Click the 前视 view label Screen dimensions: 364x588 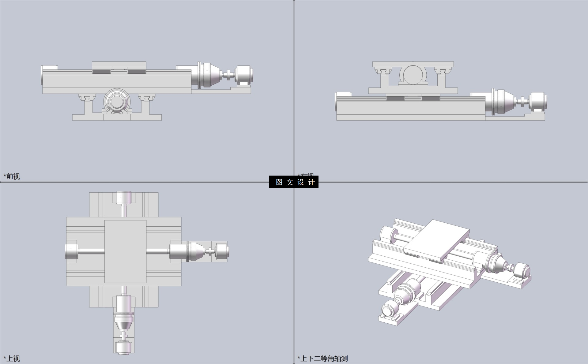(x=12, y=176)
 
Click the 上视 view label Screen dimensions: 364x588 (x=12, y=358)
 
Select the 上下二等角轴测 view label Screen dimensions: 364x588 (x=323, y=358)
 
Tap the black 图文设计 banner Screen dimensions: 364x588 (x=294, y=182)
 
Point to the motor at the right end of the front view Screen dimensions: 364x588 (x=244, y=75)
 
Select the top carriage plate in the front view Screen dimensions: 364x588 (x=119, y=65)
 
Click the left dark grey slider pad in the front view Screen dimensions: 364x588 (x=101, y=72)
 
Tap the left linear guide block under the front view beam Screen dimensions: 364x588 (x=87, y=98)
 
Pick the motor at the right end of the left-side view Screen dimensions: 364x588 (x=538, y=102)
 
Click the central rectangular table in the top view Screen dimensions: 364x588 (x=125, y=251)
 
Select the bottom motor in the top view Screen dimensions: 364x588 (x=123, y=348)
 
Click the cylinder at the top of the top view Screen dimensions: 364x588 (x=123, y=197)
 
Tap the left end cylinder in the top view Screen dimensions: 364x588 (x=71, y=251)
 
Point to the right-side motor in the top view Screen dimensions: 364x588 (x=222, y=251)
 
